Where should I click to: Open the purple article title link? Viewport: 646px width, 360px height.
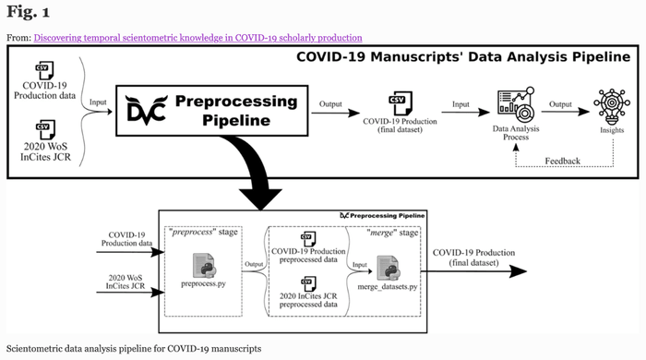pyautogui.click(x=197, y=37)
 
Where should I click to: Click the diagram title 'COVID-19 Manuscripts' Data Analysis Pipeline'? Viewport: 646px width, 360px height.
pyautogui.click(x=465, y=57)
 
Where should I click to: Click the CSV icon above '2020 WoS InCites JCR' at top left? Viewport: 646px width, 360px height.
pyautogui.click(x=41, y=126)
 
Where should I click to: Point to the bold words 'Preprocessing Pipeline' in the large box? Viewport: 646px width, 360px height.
pyautogui.click(x=236, y=111)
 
